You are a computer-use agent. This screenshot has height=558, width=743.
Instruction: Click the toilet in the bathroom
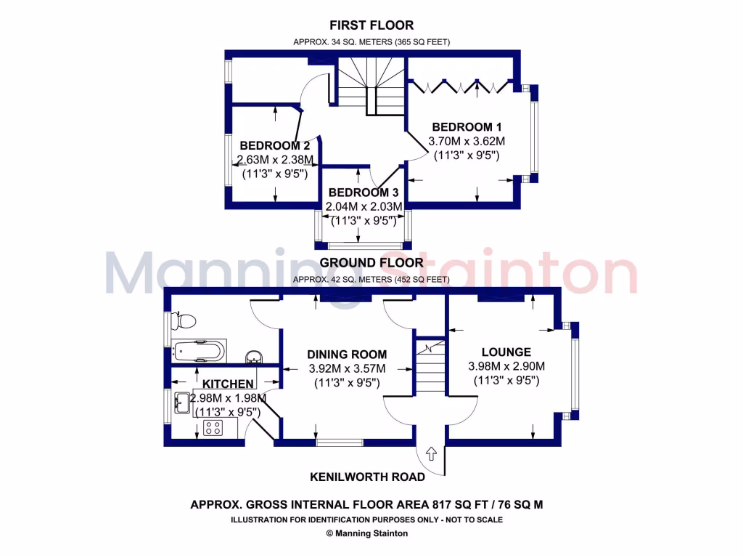(x=184, y=320)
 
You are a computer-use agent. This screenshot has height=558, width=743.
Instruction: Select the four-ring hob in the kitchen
(x=213, y=428)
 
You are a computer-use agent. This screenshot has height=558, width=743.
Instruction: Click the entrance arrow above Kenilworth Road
(x=430, y=454)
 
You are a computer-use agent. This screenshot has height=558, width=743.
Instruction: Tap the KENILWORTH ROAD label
(x=367, y=477)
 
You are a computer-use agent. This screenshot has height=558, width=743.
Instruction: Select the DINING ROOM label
(x=347, y=355)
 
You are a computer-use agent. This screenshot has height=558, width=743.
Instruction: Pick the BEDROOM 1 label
(x=467, y=126)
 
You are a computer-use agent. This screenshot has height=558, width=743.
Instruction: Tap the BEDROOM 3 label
(x=364, y=193)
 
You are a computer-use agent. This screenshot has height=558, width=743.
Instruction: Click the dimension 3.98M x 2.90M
(x=506, y=366)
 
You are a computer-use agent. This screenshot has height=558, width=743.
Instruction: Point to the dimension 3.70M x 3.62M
(x=467, y=141)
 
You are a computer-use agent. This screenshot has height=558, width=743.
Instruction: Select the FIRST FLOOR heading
(x=371, y=25)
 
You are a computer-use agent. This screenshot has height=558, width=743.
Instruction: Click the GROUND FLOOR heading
(x=371, y=262)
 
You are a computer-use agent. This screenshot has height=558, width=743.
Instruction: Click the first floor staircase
(x=370, y=86)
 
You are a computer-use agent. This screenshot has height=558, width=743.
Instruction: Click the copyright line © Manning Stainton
(x=367, y=533)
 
